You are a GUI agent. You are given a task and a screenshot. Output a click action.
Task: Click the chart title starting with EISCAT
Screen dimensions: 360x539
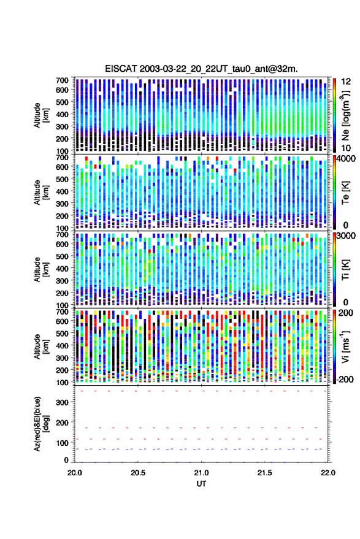click(x=201, y=69)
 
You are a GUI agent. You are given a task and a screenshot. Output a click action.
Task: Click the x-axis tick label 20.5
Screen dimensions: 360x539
click(x=138, y=473)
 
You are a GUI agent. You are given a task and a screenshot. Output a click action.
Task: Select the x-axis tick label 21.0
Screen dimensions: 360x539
click(x=201, y=473)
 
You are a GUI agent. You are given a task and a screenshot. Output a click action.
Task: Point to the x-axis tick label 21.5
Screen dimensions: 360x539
click(x=264, y=473)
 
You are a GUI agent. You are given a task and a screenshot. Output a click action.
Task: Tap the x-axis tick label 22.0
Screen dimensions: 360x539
click(x=327, y=473)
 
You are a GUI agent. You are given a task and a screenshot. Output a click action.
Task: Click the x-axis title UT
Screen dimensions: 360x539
click(x=201, y=484)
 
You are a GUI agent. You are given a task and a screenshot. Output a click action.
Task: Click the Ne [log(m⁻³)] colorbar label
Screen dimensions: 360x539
click(x=345, y=115)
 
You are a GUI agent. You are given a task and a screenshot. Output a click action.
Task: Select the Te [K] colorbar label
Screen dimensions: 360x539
click(x=345, y=193)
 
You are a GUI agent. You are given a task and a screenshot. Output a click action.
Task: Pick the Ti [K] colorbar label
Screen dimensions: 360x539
click(x=345, y=270)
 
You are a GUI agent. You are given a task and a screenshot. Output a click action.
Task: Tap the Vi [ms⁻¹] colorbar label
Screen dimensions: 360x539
click(x=345, y=346)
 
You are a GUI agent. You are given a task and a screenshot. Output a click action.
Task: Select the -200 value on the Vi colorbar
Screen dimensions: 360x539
click(x=345, y=380)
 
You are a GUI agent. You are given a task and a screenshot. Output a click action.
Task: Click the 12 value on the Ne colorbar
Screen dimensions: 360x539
click(x=346, y=82)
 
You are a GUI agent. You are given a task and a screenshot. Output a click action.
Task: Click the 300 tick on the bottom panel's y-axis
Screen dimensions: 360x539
click(x=62, y=402)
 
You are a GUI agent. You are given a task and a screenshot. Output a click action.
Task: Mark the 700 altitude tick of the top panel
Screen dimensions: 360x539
click(x=62, y=80)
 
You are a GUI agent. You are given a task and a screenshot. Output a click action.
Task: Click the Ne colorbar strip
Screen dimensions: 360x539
click(x=334, y=115)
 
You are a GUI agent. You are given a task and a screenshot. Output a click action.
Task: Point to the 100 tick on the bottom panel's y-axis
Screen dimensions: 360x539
click(x=62, y=443)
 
